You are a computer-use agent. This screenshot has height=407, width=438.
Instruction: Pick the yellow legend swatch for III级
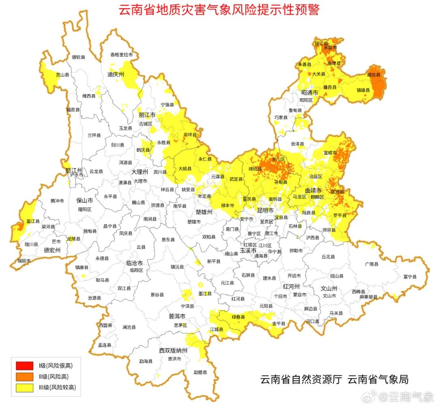pyautogui.click(x=24, y=388)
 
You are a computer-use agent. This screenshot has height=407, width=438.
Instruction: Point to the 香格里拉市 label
pyautogui.click(x=122, y=55)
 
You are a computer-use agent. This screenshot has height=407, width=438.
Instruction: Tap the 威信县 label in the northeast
pyautogui.click(x=374, y=75)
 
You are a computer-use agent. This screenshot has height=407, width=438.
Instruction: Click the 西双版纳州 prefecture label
pyautogui.click(x=173, y=351)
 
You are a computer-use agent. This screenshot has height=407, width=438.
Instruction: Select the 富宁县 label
pyautogui.click(x=410, y=277)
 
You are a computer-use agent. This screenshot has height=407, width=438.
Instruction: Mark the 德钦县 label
pyautogui.click(x=78, y=57)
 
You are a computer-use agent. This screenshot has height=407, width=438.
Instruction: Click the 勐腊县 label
pyautogui.click(x=200, y=372)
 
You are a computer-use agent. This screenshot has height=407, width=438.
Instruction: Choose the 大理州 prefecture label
pyautogui.click(x=139, y=172)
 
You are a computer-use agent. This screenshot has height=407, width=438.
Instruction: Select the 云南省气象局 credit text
pyautogui.click(x=378, y=380)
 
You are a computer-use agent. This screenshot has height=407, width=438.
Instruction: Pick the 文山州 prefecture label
pyautogui.click(x=329, y=289)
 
